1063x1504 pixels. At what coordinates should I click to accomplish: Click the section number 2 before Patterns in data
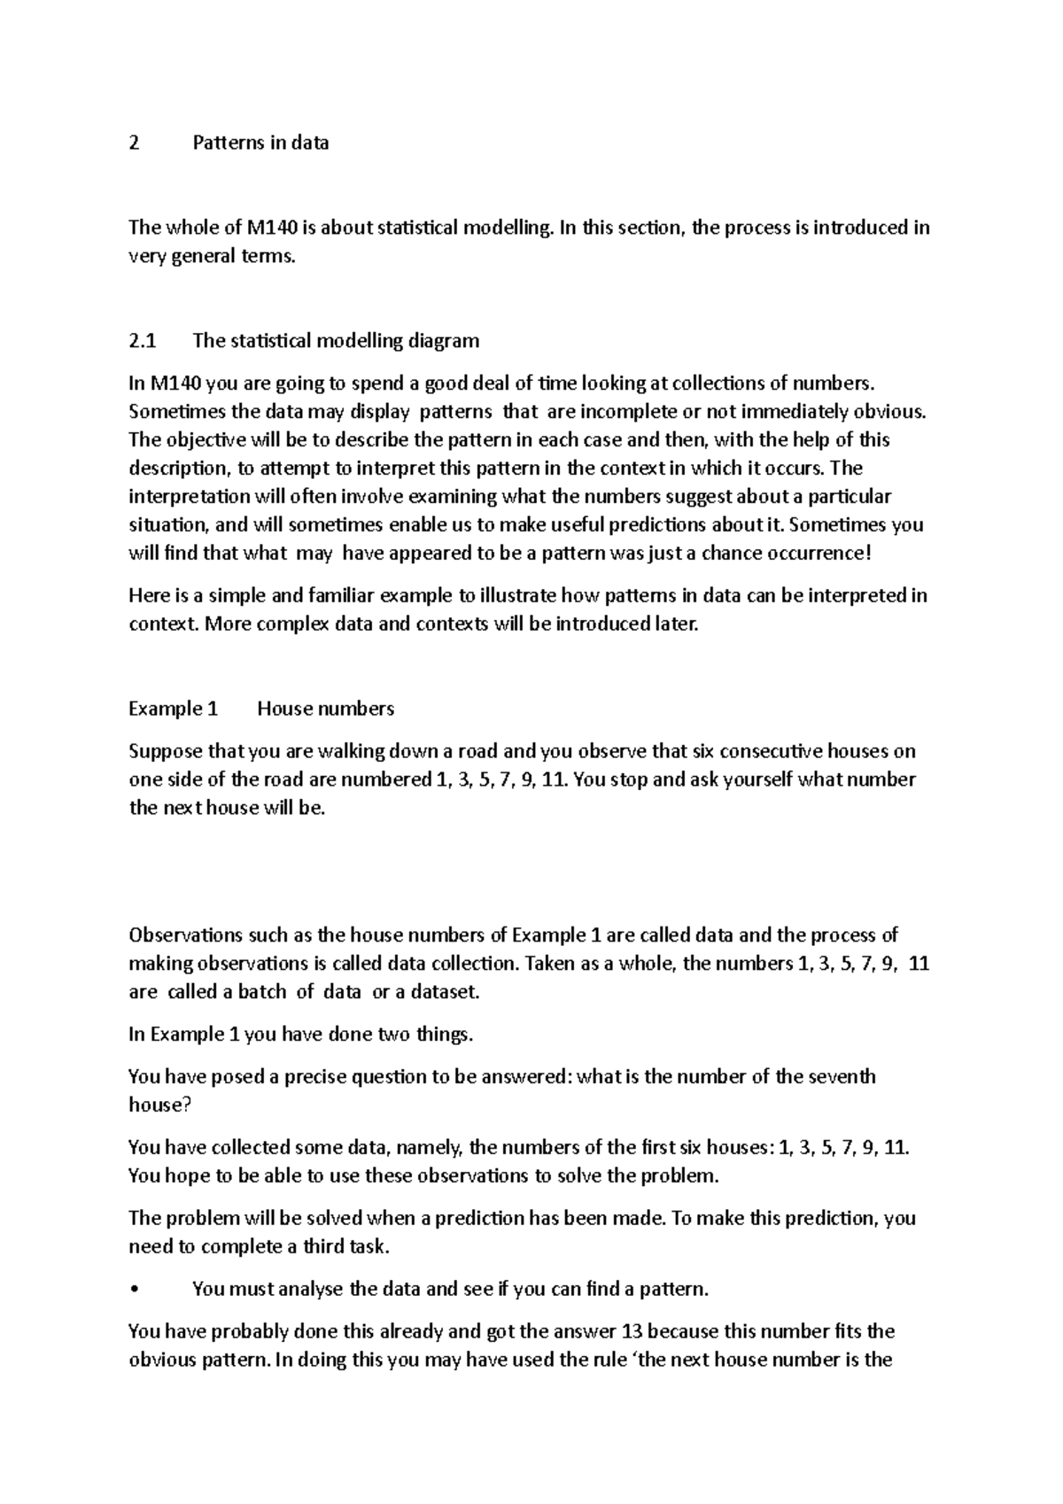134,143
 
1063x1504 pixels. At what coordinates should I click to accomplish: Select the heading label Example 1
173,709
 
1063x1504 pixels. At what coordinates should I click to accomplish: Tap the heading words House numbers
325,709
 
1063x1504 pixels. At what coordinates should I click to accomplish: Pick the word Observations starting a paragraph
184,936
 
